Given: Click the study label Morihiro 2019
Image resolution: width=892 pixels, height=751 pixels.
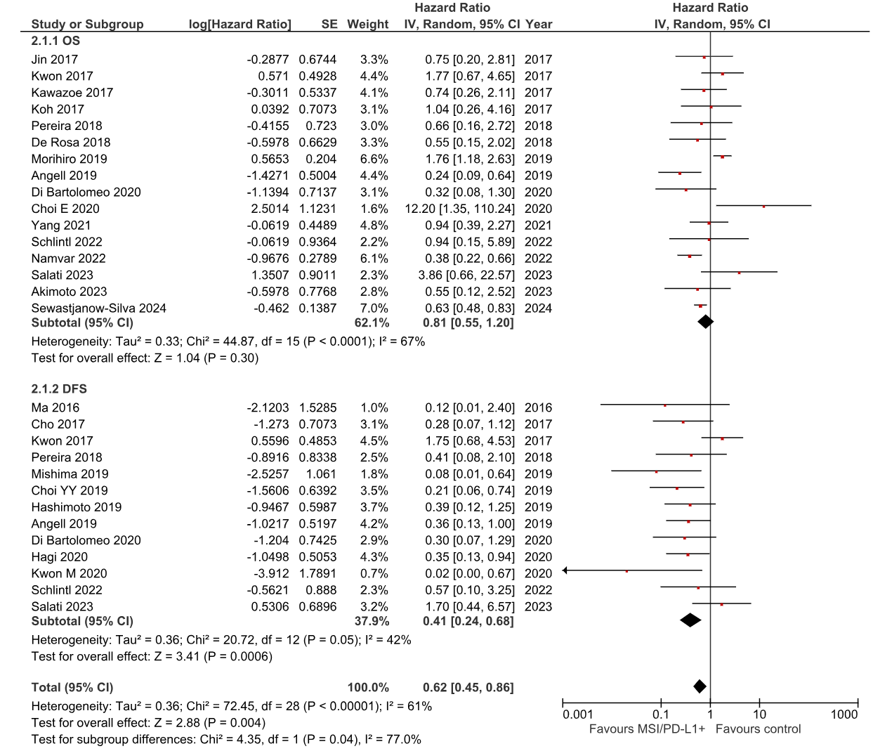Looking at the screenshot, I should [69, 159].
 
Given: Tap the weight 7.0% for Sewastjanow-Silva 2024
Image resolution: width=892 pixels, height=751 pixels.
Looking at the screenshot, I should [374, 308].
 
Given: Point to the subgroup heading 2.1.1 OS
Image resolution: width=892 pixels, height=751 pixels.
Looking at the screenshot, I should [55, 41].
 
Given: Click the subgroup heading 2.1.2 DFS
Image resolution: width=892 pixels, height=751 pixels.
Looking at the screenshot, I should [59, 388].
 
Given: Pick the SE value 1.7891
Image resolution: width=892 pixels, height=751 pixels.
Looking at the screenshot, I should [317, 573].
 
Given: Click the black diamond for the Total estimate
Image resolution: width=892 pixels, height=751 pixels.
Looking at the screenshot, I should [700, 686].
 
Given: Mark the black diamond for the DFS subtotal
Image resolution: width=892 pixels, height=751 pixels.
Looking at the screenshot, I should [690, 620].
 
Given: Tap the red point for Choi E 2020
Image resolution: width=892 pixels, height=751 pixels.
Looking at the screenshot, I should [763, 206].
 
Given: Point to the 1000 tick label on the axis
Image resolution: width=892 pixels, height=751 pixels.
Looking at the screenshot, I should [844, 714].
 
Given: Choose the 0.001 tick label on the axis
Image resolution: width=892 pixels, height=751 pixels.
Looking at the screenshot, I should [577, 714].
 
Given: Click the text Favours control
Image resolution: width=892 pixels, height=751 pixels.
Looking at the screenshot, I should [758, 729].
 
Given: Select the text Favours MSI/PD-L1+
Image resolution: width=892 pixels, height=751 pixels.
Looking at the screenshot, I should [647, 729].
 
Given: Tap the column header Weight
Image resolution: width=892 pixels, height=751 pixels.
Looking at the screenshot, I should [367, 24].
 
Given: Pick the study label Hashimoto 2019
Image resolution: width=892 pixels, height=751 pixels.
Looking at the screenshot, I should [76, 507].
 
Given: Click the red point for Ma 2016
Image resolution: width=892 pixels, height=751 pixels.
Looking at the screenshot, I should [664, 405].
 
